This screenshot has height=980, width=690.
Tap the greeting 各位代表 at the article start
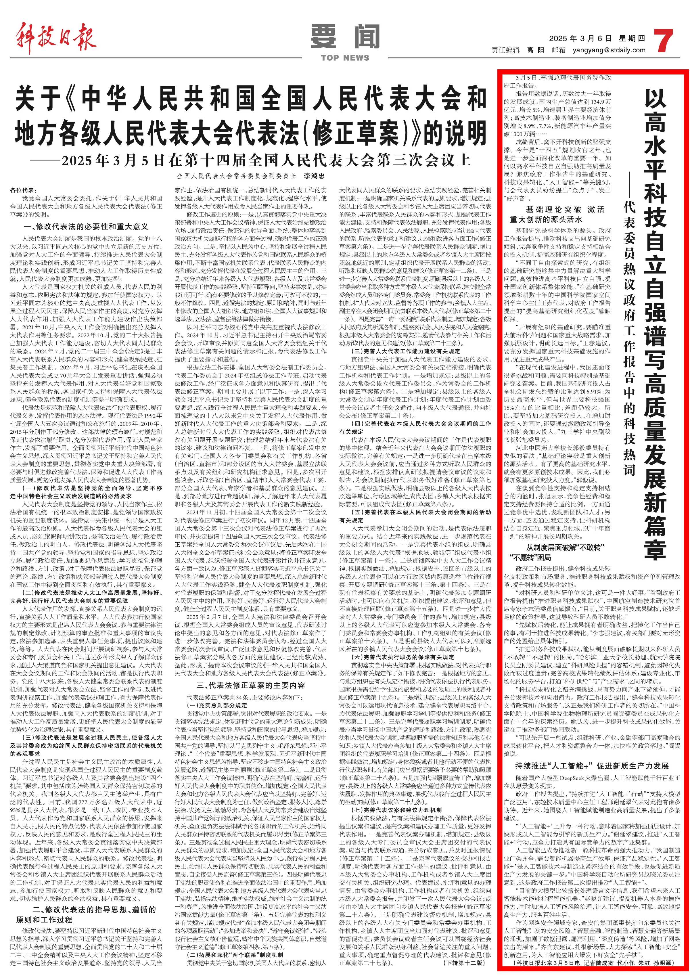24,190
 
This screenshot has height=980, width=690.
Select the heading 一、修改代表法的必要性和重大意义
86,226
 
